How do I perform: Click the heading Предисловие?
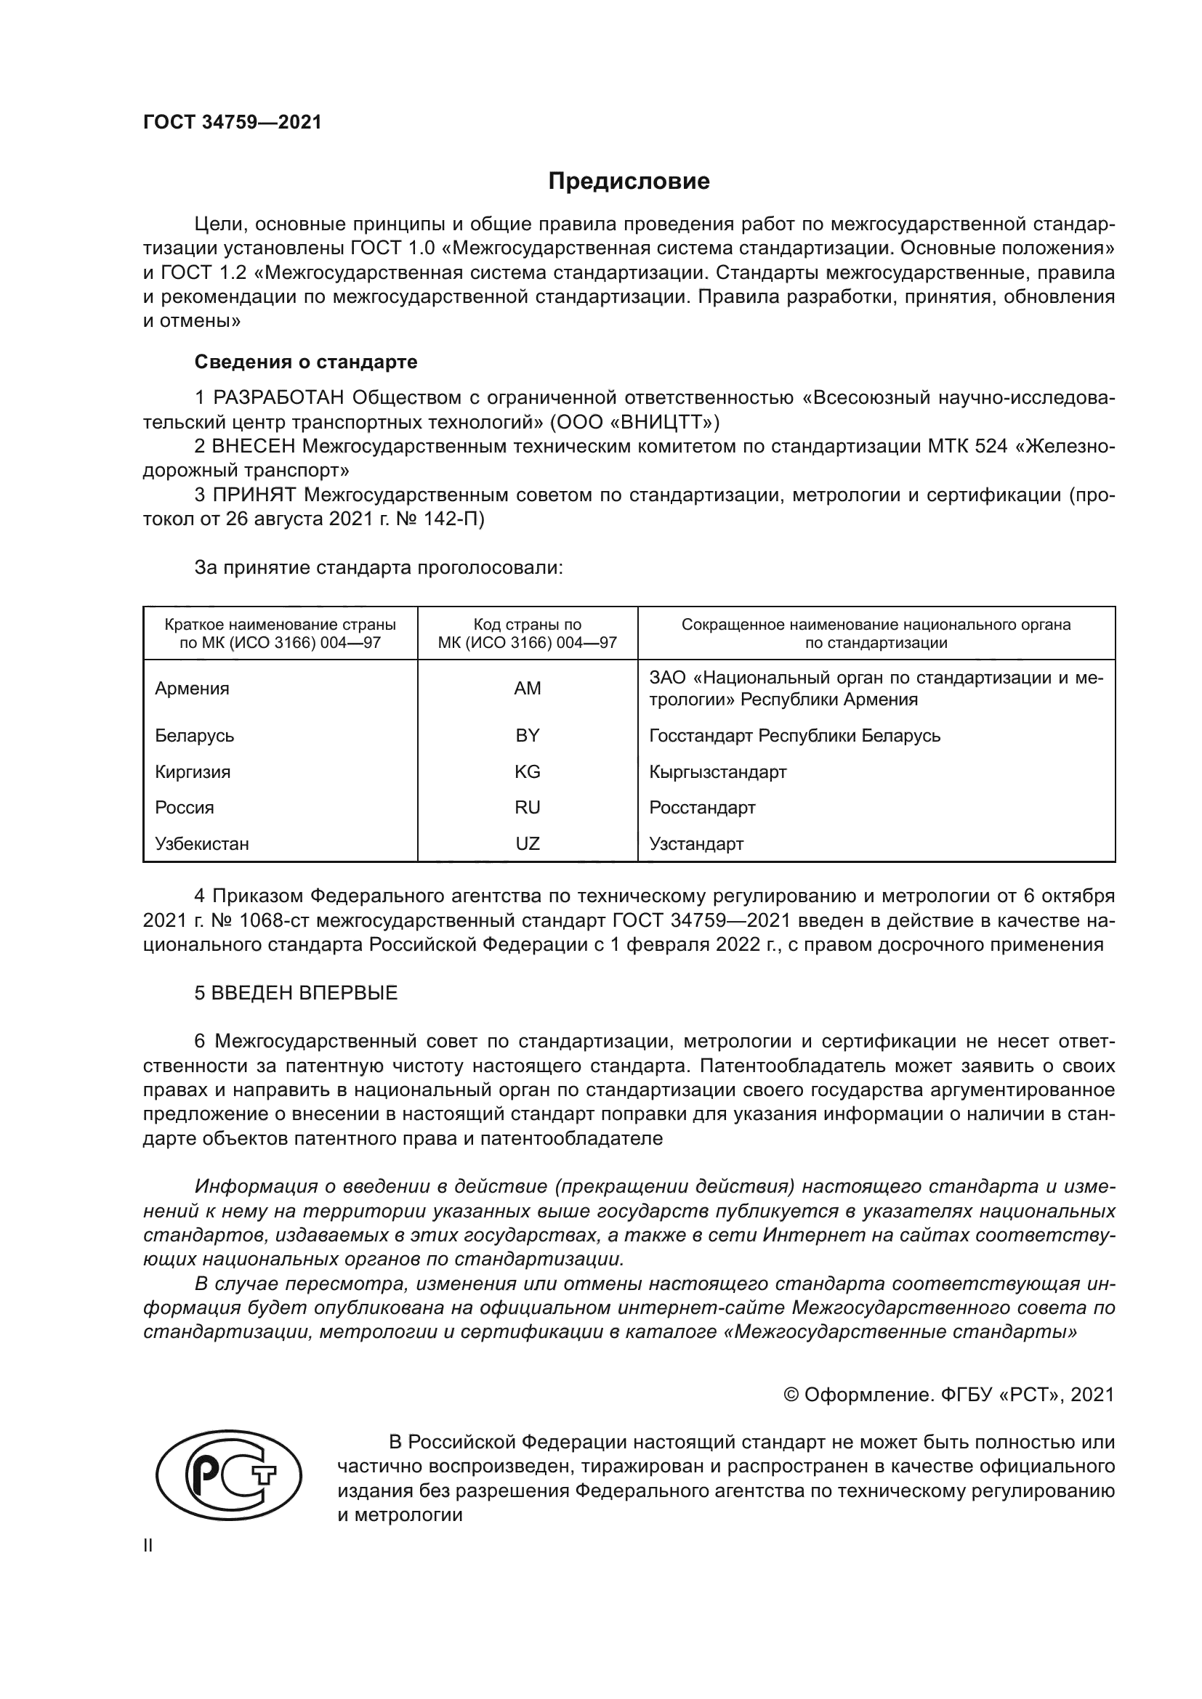(629, 182)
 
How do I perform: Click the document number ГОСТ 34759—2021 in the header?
(233, 123)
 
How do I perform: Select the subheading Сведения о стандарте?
(306, 362)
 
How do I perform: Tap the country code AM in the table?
(527, 688)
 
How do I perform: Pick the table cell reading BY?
(527, 736)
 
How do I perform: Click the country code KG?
(527, 772)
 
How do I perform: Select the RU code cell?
(527, 807)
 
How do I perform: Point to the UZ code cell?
(527, 843)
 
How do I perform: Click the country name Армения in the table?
(192, 688)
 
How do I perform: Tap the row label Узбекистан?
(201, 843)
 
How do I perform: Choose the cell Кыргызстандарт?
(717, 772)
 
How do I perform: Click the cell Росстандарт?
(702, 807)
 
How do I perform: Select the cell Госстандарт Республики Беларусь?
(794, 736)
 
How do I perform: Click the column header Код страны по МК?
(527, 633)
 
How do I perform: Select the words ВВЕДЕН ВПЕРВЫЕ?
(304, 993)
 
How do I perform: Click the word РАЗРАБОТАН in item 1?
(278, 398)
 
